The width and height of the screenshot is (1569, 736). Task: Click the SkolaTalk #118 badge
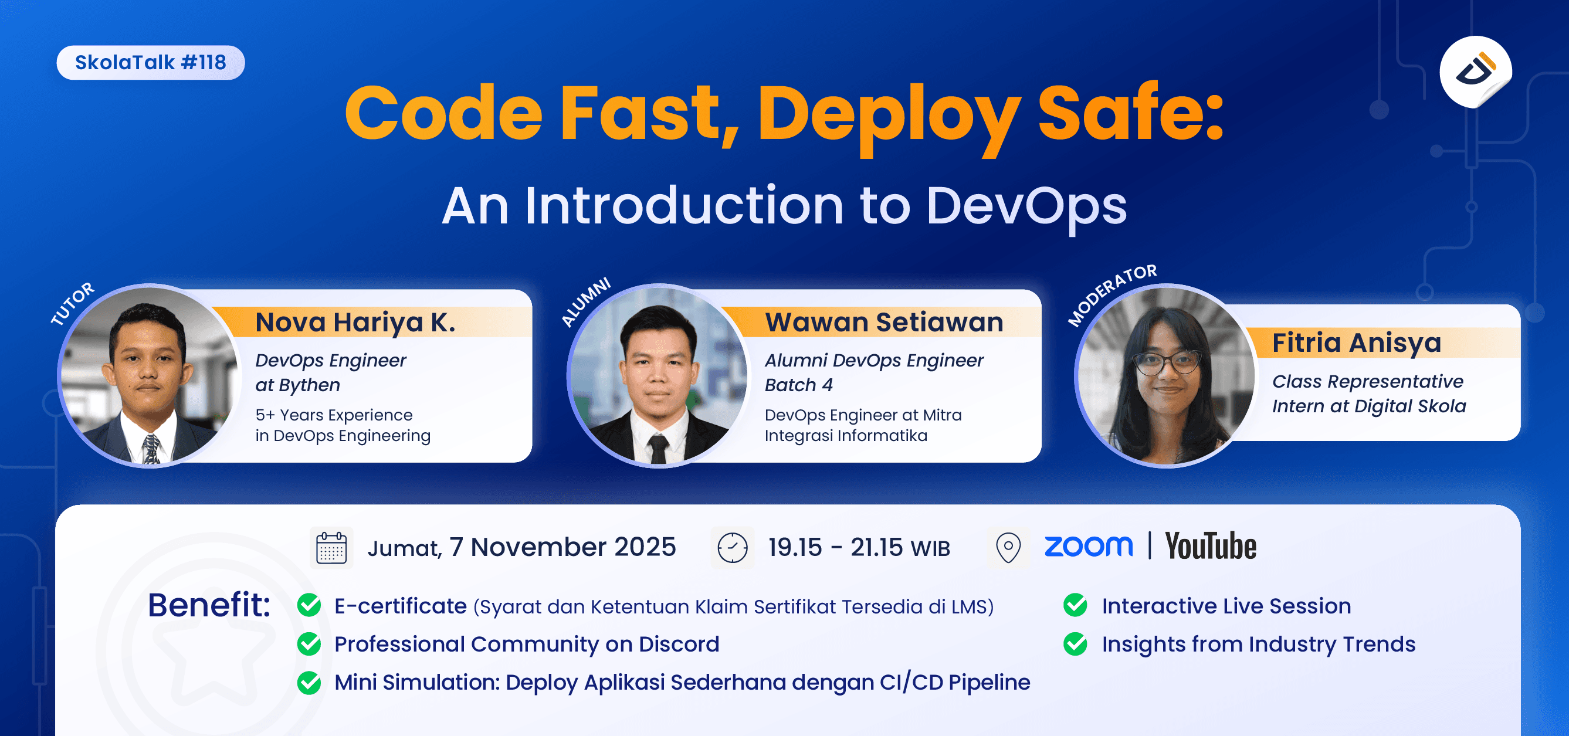click(x=150, y=62)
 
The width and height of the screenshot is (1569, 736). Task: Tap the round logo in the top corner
click(x=1475, y=71)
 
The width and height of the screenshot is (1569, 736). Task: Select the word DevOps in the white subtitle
click(x=1026, y=206)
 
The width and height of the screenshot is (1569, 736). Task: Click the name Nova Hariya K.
click(x=355, y=322)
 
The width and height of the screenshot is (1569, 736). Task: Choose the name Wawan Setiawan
click(x=884, y=322)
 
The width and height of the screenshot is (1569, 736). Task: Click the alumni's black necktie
click(x=659, y=449)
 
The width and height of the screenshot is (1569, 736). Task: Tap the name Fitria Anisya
click(x=1357, y=342)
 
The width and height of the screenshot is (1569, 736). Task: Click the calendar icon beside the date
click(x=331, y=547)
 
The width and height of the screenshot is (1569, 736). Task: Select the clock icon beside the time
click(x=732, y=547)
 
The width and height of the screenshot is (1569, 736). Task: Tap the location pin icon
click(x=1008, y=547)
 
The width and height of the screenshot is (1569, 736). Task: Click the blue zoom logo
click(x=1089, y=546)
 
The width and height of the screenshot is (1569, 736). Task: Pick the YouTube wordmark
click(x=1210, y=546)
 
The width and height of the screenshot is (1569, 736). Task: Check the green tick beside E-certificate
click(x=310, y=605)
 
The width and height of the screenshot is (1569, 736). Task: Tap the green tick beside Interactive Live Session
click(x=1075, y=605)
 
